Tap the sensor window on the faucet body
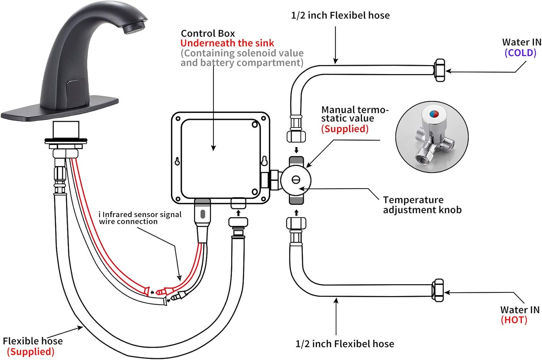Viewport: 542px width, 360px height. tap(76, 89)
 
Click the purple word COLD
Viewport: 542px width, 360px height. tap(520, 53)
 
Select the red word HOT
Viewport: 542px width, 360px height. tap(514, 320)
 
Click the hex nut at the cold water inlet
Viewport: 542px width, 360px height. tap(439, 70)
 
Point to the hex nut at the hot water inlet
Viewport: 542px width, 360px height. tap(438, 290)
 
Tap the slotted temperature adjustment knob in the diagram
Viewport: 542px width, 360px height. tap(296, 180)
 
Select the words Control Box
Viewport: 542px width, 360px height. tap(208, 34)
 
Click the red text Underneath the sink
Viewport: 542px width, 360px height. tap(227, 43)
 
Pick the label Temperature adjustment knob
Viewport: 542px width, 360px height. tap(422, 205)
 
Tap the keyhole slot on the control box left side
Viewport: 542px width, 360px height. tap(177, 161)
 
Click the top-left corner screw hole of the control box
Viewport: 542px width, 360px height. tap(178, 118)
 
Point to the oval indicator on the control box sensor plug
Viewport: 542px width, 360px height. tap(203, 213)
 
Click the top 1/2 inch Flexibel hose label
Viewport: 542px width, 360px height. tap(340, 16)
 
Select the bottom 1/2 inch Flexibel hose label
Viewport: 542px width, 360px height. tap(345, 344)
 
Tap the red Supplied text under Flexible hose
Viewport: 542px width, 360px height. tap(31, 352)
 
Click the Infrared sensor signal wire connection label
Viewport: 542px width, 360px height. tap(140, 218)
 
